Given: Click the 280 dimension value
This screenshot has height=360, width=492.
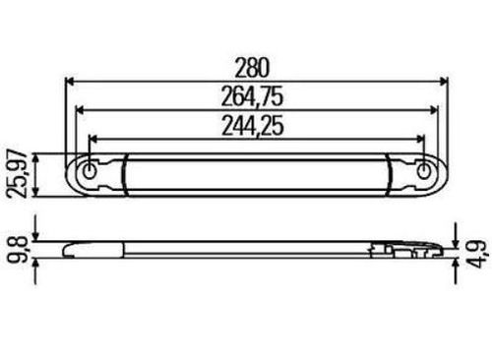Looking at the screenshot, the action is point(252,68).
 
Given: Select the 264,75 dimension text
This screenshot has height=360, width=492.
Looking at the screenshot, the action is point(252,96).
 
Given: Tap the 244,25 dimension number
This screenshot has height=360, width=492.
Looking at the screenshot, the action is point(253,126).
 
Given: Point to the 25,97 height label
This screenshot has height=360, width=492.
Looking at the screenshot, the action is point(19,174).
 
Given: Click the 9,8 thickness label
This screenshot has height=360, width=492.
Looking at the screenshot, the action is point(18,249).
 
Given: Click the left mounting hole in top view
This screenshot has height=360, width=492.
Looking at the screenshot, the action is point(89,171).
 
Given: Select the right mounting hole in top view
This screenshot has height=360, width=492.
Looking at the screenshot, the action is point(424,171).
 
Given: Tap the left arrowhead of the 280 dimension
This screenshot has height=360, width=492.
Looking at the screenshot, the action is point(71,81).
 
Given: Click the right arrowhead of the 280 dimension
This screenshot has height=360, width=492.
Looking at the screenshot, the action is point(443,81).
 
